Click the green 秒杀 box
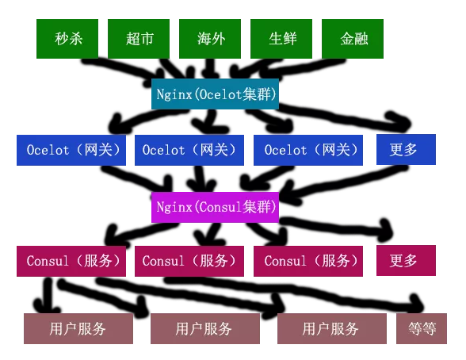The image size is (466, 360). click(x=67, y=39)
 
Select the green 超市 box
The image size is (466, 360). click(x=139, y=39)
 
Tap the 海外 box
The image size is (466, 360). click(x=210, y=39)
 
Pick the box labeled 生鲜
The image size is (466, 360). click(x=281, y=39)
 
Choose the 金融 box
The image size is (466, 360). click(x=353, y=39)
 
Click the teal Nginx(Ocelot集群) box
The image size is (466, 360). click(x=215, y=94)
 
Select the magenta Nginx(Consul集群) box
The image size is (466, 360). click(x=215, y=207)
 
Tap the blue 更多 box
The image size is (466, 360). click(x=406, y=149)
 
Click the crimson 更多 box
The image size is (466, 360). click(x=406, y=260)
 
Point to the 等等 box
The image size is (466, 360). click(x=422, y=328)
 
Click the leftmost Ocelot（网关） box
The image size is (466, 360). click(x=71, y=150)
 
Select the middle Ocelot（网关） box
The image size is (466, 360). click(x=189, y=150)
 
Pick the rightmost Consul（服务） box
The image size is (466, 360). click(x=308, y=261)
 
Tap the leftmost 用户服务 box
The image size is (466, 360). click(x=78, y=328)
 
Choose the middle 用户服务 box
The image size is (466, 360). click(x=205, y=328)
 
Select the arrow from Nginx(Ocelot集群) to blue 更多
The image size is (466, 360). click(x=342, y=117)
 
